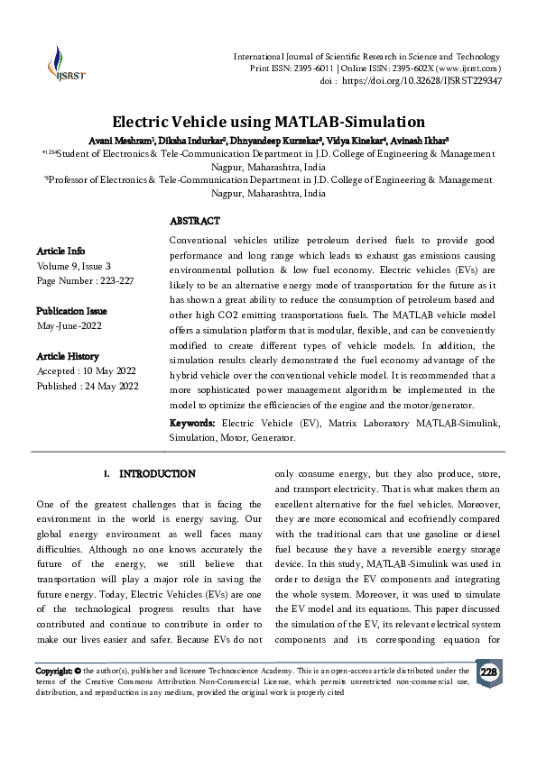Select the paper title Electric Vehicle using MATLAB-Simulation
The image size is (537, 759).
tap(268, 121)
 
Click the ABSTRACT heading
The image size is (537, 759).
tap(194, 221)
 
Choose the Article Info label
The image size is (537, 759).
tap(60, 251)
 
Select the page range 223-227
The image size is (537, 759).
tap(113, 280)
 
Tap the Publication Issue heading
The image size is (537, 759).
tap(70, 310)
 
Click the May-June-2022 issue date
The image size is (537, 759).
tap(70, 325)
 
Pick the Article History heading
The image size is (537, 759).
tap(68, 357)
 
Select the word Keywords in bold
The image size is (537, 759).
tap(192, 423)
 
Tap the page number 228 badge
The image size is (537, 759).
tap(488, 672)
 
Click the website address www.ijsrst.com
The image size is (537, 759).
tap(469, 69)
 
